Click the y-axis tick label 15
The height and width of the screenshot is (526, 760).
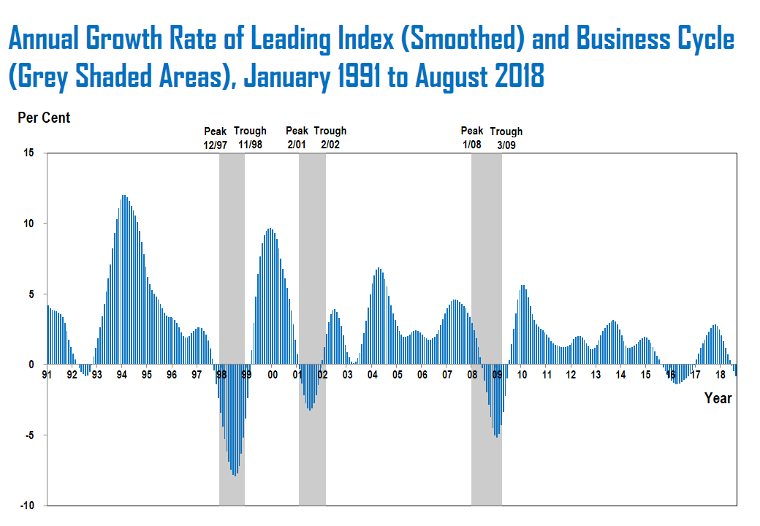tap(29, 153)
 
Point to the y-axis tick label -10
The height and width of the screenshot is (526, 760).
tap(27, 506)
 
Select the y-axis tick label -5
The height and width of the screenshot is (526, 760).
tap(29, 435)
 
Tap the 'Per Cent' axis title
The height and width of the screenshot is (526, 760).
tap(44, 117)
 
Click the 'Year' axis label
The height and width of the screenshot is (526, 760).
tap(718, 398)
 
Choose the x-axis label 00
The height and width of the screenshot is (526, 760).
tap(272, 375)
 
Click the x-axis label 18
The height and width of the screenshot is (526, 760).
tap(720, 375)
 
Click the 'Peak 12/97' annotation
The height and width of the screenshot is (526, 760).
tap(216, 137)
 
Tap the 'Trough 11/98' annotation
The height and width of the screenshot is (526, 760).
tap(250, 137)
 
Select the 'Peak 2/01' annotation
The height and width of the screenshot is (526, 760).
tap(297, 137)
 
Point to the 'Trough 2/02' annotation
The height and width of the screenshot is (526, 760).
tap(330, 137)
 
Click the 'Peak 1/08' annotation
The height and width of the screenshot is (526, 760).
tap(471, 137)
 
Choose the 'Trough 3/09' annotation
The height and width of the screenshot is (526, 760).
tap(506, 137)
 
